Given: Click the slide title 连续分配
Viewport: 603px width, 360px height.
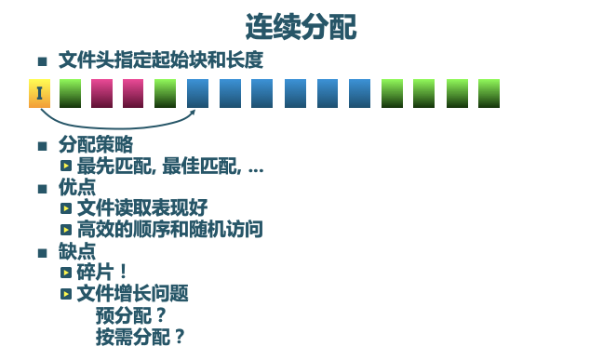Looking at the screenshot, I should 301,25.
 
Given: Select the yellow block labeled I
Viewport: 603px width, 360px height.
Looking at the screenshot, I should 39,93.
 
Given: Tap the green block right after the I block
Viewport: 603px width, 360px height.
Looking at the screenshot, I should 71,93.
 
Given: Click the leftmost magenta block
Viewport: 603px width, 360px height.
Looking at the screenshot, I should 102,93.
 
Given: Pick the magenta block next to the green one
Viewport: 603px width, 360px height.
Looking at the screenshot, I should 133,93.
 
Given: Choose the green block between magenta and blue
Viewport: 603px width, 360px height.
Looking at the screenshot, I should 165,93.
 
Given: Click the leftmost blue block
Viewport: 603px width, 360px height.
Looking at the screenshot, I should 197,93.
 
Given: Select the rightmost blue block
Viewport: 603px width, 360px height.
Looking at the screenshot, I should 360,93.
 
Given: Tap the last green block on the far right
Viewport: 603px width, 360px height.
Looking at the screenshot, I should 489,93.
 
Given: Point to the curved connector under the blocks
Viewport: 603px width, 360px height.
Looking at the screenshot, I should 116,124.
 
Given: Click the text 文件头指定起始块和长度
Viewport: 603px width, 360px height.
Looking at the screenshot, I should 160,60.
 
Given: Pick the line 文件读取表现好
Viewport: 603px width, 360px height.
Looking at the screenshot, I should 142,207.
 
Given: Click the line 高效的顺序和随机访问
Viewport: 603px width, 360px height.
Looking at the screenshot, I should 169,229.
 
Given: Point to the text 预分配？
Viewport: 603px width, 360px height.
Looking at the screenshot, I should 131,315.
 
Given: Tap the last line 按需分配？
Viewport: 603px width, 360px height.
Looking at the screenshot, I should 141,337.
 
